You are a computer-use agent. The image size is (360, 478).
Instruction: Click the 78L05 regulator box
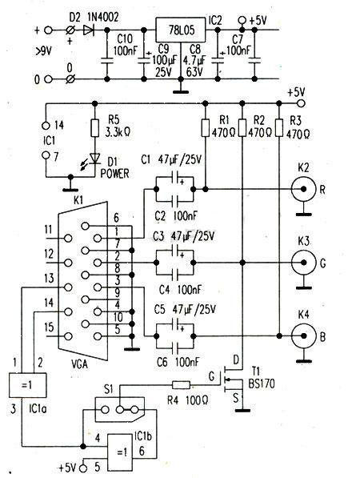tap(180, 30)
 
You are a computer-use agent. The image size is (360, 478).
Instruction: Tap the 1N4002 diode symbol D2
tap(88, 30)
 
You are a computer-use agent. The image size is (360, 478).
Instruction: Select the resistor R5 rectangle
tap(94, 128)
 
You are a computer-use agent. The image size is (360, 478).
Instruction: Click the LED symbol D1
tap(94, 159)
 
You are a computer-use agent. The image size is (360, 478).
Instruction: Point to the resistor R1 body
tap(206, 128)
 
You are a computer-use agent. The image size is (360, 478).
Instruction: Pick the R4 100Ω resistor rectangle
tap(182, 385)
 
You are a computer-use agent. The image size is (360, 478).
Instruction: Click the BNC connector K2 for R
tap(303, 189)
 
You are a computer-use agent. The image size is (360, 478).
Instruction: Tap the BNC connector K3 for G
tap(303, 263)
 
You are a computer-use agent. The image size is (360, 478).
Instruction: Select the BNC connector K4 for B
tap(303, 336)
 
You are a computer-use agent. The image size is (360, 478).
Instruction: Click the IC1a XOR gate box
tap(28, 385)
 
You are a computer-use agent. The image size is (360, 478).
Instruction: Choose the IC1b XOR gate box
tap(120, 452)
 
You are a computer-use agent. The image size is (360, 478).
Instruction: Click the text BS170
tap(262, 384)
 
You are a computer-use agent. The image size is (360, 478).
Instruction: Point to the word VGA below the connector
tap(79, 364)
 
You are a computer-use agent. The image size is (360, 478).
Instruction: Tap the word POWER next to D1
tap(115, 174)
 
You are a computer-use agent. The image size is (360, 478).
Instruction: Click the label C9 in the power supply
tap(165, 49)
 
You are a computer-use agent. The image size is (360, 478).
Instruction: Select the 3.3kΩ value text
tap(118, 132)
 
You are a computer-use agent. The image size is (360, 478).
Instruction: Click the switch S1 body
tap(120, 409)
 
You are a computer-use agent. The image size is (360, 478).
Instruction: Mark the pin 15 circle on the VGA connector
tap(68, 336)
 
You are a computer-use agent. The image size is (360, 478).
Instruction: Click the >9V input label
tap(43, 52)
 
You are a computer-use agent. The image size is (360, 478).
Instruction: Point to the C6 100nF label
tap(178, 362)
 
